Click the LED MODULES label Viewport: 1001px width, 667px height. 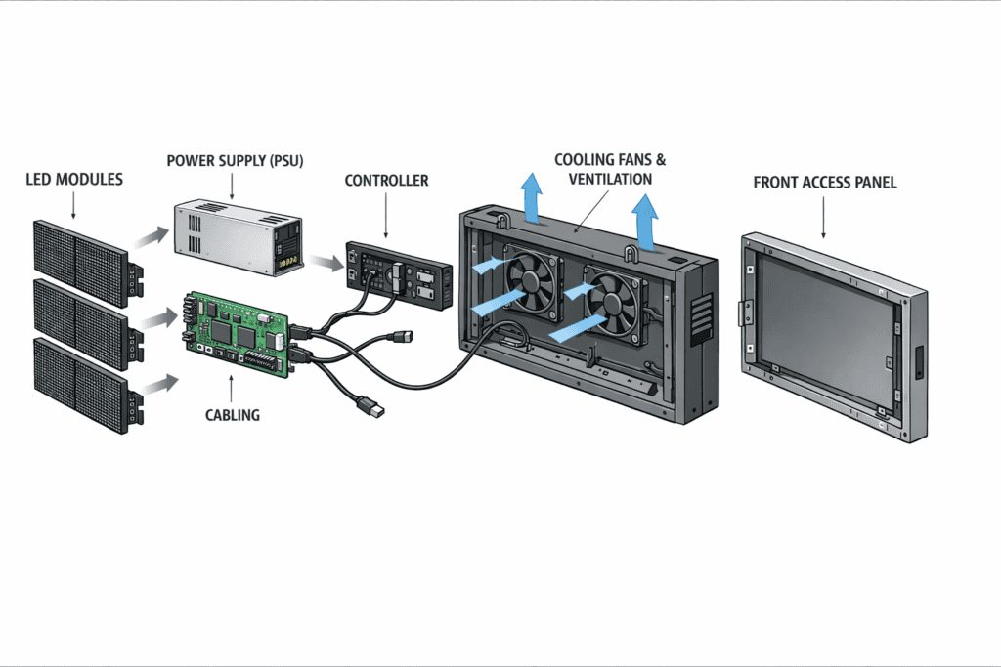(x=74, y=180)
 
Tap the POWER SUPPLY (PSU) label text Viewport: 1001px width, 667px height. (x=235, y=160)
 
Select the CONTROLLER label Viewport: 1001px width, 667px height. (x=386, y=181)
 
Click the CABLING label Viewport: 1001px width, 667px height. (x=233, y=414)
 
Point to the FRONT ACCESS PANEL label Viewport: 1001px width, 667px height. (x=824, y=183)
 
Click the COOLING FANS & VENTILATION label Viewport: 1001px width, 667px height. (x=602, y=168)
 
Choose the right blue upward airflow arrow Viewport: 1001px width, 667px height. (x=645, y=220)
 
